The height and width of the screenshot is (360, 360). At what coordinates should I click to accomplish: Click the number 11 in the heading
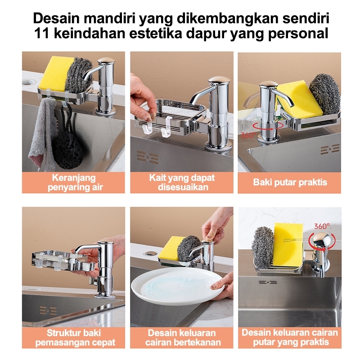click(x=42, y=33)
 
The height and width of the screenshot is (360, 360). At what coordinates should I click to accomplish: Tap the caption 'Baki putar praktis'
click(x=290, y=182)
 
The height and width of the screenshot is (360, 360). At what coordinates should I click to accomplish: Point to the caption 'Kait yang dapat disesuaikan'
click(x=182, y=182)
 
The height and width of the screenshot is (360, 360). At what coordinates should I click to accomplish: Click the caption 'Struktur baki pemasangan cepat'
click(x=75, y=337)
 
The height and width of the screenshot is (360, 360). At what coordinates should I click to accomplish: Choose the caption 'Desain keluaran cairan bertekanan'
click(x=183, y=337)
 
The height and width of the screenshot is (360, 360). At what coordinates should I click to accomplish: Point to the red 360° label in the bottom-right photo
click(x=322, y=226)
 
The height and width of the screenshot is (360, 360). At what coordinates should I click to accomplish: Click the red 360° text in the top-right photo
click(x=248, y=135)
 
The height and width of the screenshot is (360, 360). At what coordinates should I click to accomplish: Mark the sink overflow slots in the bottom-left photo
click(x=48, y=310)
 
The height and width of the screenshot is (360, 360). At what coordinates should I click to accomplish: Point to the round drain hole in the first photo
click(x=29, y=82)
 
